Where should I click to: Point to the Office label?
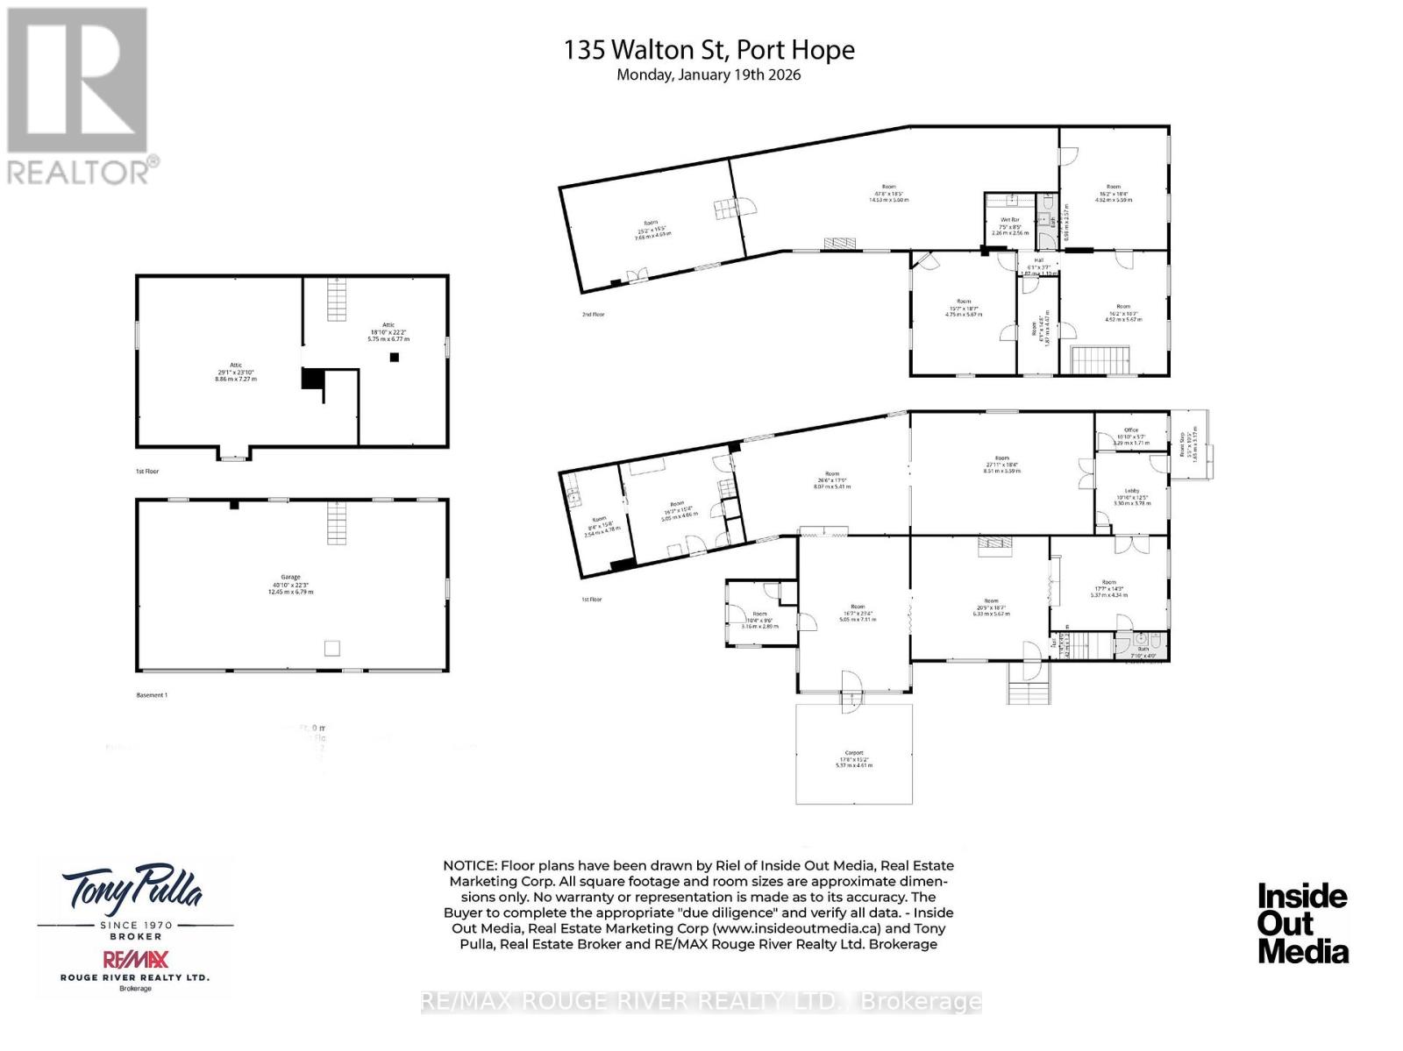point(1129,436)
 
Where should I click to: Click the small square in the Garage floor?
point(331,648)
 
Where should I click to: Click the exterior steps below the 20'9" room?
point(1029,683)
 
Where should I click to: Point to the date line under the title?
point(709,75)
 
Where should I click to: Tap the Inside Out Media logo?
point(1302,923)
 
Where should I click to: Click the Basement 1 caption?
point(152,695)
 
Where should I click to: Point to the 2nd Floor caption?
point(593,314)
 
